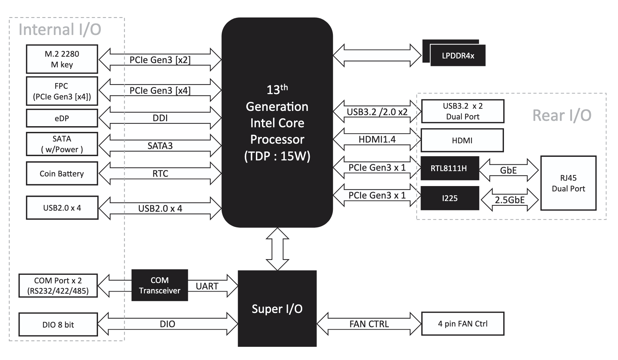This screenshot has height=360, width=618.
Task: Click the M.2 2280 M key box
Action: coord(62,59)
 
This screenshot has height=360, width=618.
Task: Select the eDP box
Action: coord(62,118)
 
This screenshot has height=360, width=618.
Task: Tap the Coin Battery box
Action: coord(62,174)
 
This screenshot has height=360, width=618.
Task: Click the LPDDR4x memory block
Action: coord(458,56)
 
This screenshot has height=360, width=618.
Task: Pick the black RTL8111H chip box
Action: coord(449,168)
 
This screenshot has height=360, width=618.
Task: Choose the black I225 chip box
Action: coord(450,198)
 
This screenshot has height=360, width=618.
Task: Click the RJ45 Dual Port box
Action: coord(568,183)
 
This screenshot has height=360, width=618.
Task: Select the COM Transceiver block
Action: coord(160,285)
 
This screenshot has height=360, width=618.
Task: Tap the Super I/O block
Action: coord(277,309)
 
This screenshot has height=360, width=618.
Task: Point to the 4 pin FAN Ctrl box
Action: coord(463,324)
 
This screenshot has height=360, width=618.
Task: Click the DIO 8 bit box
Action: coord(58,324)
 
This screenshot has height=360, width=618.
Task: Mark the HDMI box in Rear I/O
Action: coord(462,140)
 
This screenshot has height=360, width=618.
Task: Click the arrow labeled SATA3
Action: coord(160,145)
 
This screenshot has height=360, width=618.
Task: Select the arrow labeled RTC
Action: coord(160,174)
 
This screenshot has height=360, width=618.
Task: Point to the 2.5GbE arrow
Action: coord(510,200)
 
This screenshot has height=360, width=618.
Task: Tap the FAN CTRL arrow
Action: coord(369,324)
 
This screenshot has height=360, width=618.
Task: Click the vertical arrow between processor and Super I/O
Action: coord(277,249)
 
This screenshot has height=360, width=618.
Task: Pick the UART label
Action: coord(207,286)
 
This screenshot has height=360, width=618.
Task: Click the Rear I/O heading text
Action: coord(562,115)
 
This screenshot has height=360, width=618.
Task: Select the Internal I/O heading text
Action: coord(60,30)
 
